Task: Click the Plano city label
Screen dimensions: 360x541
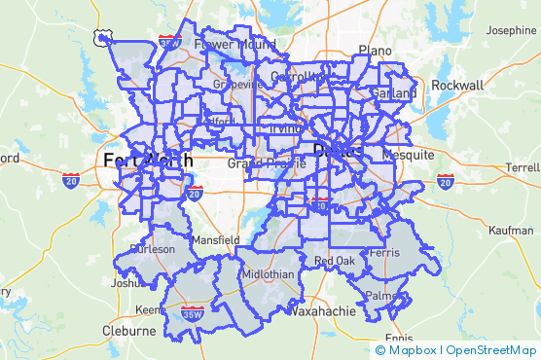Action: pos(375,50)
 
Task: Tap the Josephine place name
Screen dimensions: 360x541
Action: pos(512,31)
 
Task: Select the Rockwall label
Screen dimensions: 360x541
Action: pos(457,85)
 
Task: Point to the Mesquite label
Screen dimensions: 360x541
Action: pos(409,155)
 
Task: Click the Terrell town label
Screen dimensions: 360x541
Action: pos(516,167)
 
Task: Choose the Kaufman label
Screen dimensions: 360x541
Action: pos(512,231)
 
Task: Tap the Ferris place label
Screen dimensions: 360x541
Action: pos(385,252)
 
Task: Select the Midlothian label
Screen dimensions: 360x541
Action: pos(268,274)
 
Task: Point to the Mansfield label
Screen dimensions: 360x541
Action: pos(216,238)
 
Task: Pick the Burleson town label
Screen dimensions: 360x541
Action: pos(154,248)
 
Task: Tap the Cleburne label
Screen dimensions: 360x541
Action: pos(127,331)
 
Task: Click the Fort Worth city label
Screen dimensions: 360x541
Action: pos(147,160)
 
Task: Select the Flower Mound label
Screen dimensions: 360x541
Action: pos(234,44)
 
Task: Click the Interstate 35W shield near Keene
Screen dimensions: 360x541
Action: pos(192,314)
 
